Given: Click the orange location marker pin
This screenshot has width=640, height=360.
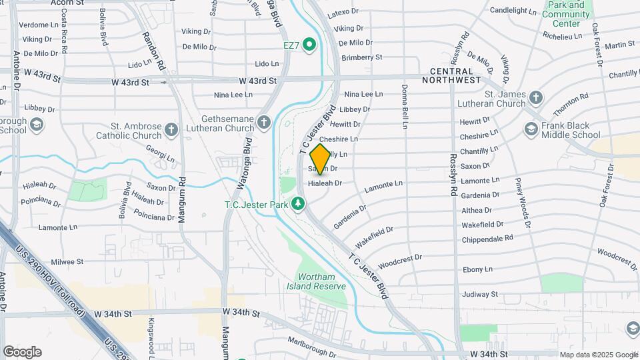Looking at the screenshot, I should coord(320,159).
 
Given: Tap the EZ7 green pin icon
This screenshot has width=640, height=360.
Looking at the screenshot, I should coord(309,45).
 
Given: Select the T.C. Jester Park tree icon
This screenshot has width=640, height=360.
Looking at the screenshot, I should coord(298,204).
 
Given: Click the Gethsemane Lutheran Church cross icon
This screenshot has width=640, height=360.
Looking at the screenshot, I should coord(264,122).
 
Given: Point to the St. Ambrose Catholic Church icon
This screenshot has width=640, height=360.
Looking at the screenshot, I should coord(171,129).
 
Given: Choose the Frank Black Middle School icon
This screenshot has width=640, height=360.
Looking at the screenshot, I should coord(531,129).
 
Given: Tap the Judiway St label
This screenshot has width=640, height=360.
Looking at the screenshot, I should coord(480,294).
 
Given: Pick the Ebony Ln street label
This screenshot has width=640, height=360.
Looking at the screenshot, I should coord(478,269).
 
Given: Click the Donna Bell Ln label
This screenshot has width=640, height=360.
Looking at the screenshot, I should coord(404,106).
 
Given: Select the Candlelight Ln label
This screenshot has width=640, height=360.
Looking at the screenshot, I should coord(513,11).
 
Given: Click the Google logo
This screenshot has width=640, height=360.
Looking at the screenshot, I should coord(22,352).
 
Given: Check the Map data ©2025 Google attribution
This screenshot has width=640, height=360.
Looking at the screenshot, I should coord(598,355).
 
